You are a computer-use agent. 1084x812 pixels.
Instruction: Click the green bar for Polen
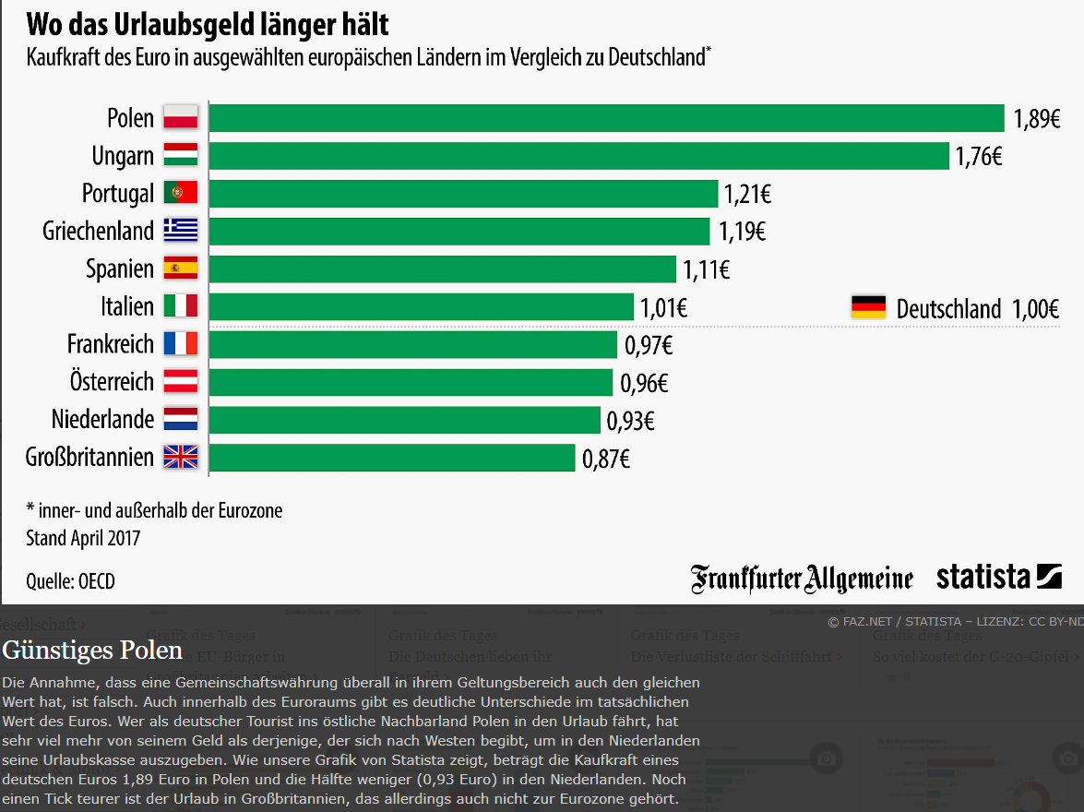606,118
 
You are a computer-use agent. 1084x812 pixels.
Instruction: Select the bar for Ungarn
578,156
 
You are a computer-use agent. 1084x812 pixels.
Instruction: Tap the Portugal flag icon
181,193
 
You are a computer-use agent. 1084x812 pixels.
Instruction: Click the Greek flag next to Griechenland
181,230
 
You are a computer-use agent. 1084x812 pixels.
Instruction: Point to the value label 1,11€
707,269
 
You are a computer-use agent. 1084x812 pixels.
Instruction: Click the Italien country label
127,306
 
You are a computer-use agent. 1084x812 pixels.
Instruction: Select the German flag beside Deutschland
868,307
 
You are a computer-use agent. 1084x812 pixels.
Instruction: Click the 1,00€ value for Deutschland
1035,309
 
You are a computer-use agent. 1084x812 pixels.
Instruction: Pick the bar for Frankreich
412,344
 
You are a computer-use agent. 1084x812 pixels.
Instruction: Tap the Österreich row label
112,381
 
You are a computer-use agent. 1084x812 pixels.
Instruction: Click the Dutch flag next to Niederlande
181,419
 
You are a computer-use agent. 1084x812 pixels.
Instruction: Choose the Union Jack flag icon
181,457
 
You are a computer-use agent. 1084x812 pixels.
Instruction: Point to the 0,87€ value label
606,459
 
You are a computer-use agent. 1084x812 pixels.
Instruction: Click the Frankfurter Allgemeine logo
802,579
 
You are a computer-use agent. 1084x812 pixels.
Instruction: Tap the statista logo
999,578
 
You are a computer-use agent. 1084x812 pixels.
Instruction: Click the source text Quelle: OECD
71,581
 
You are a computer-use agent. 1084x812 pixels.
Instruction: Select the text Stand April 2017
83,537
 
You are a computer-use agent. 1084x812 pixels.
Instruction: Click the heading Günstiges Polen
92,651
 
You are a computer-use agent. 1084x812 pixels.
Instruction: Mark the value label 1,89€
1037,119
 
